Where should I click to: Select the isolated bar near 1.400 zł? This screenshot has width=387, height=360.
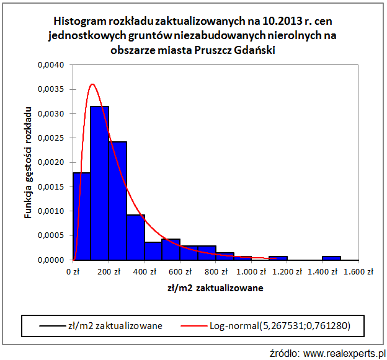331,258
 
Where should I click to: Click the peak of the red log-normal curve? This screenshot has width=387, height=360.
92,84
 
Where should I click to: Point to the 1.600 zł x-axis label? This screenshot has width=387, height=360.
358,271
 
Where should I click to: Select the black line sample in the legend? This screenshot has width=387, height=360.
43,324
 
